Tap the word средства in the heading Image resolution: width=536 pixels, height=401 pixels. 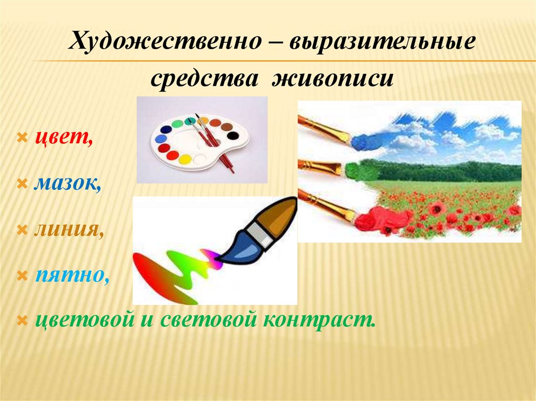tap(204, 79)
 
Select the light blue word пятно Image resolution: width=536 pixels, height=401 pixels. tap(72, 275)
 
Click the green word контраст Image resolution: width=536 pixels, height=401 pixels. tap(319, 320)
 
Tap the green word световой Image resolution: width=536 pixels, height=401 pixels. tap(208, 320)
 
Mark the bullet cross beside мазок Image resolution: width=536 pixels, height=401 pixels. tap(22, 185)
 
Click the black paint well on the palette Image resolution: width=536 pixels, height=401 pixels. tap(233, 135)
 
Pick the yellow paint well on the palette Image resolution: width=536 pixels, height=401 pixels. tap(185, 159)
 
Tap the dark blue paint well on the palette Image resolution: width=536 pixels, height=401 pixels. tap(166, 130)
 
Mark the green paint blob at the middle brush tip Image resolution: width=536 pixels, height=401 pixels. tap(360, 171)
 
